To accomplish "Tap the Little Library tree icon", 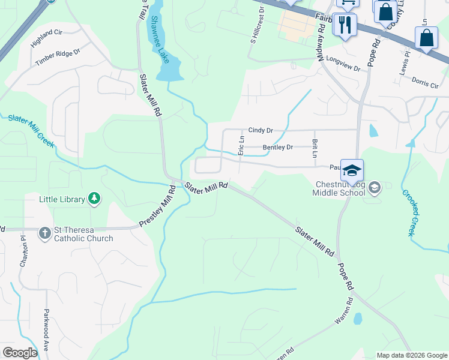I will (x=94, y=199).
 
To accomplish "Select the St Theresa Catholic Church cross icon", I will (x=45, y=233).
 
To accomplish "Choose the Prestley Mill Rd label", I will (x=157, y=206).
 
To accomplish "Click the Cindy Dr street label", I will (x=261, y=130).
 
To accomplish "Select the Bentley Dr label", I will (x=277, y=148).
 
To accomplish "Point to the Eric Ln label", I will (x=241, y=145).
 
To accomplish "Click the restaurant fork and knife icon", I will (x=345, y=25).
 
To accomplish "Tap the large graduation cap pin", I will (x=352, y=170).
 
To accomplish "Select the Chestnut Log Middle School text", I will (x=338, y=188).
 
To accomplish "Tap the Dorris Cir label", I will (x=426, y=82).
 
